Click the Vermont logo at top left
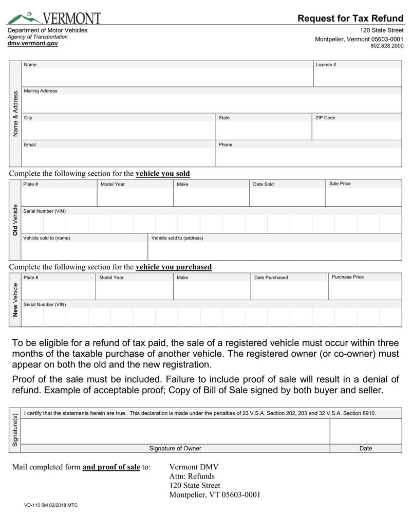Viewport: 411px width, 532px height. tap(53, 18)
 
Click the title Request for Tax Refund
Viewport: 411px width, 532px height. tap(350, 19)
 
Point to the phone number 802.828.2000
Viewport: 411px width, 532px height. tap(387, 46)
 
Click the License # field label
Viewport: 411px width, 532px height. tap(326, 65)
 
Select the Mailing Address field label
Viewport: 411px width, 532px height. tap(41, 91)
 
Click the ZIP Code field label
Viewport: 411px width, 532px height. tap(325, 118)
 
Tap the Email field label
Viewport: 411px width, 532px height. tap(30, 144)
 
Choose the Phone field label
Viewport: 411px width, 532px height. tap(226, 144)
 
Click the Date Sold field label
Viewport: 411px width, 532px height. tap(263, 184)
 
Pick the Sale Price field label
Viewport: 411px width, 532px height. tap(340, 184)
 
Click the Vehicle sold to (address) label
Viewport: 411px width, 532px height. tap(177, 238)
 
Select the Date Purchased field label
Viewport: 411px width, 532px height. tap(271, 278)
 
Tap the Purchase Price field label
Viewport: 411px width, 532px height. tap(348, 277)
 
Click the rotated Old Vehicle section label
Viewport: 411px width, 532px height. tap(15, 220)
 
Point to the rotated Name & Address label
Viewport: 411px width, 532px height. tap(15, 114)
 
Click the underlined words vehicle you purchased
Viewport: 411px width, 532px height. tap(173, 267)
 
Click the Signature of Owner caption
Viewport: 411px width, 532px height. tap(175, 448)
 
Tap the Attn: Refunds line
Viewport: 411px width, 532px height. tap(192, 476)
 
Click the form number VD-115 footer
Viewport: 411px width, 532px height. tap(51, 505)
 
